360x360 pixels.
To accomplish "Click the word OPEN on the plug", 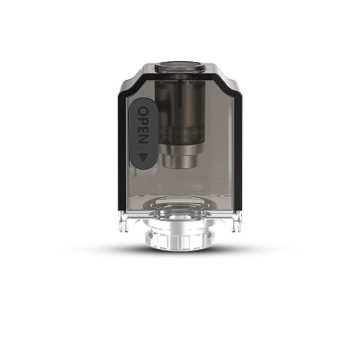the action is point(143,125).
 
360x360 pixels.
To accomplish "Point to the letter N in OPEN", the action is point(143,139).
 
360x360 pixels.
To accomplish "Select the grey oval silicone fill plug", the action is point(143,134).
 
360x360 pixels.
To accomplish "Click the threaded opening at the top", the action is point(180,67).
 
